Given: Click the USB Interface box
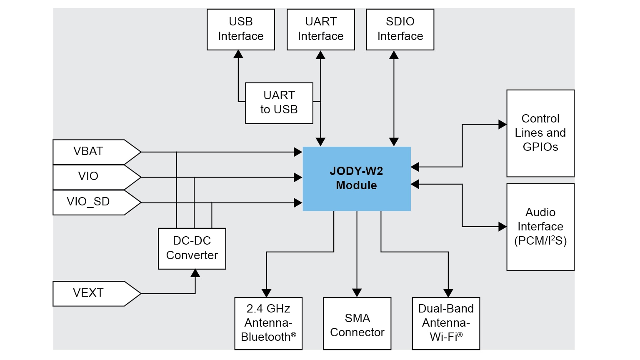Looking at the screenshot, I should click(x=241, y=30).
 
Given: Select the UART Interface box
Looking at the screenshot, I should click(x=320, y=30).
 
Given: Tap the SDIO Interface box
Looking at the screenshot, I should click(x=400, y=30).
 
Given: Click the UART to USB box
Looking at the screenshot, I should click(x=279, y=103).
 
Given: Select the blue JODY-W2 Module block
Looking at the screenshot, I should click(x=356, y=179).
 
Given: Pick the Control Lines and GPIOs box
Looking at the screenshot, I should click(x=540, y=133).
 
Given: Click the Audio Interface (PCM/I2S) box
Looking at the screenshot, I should click(x=540, y=227).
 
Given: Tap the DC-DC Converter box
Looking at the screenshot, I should click(x=192, y=248).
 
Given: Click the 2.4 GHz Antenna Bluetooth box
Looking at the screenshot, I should click(x=268, y=323).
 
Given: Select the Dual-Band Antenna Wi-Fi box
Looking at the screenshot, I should click(x=446, y=323).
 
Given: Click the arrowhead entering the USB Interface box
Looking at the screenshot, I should click(x=238, y=54).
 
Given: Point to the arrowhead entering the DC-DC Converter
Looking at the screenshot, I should click(x=195, y=273).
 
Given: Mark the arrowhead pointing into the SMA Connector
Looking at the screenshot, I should click(x=357, y=293).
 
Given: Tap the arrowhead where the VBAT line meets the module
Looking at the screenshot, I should click(x=298, y=152).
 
